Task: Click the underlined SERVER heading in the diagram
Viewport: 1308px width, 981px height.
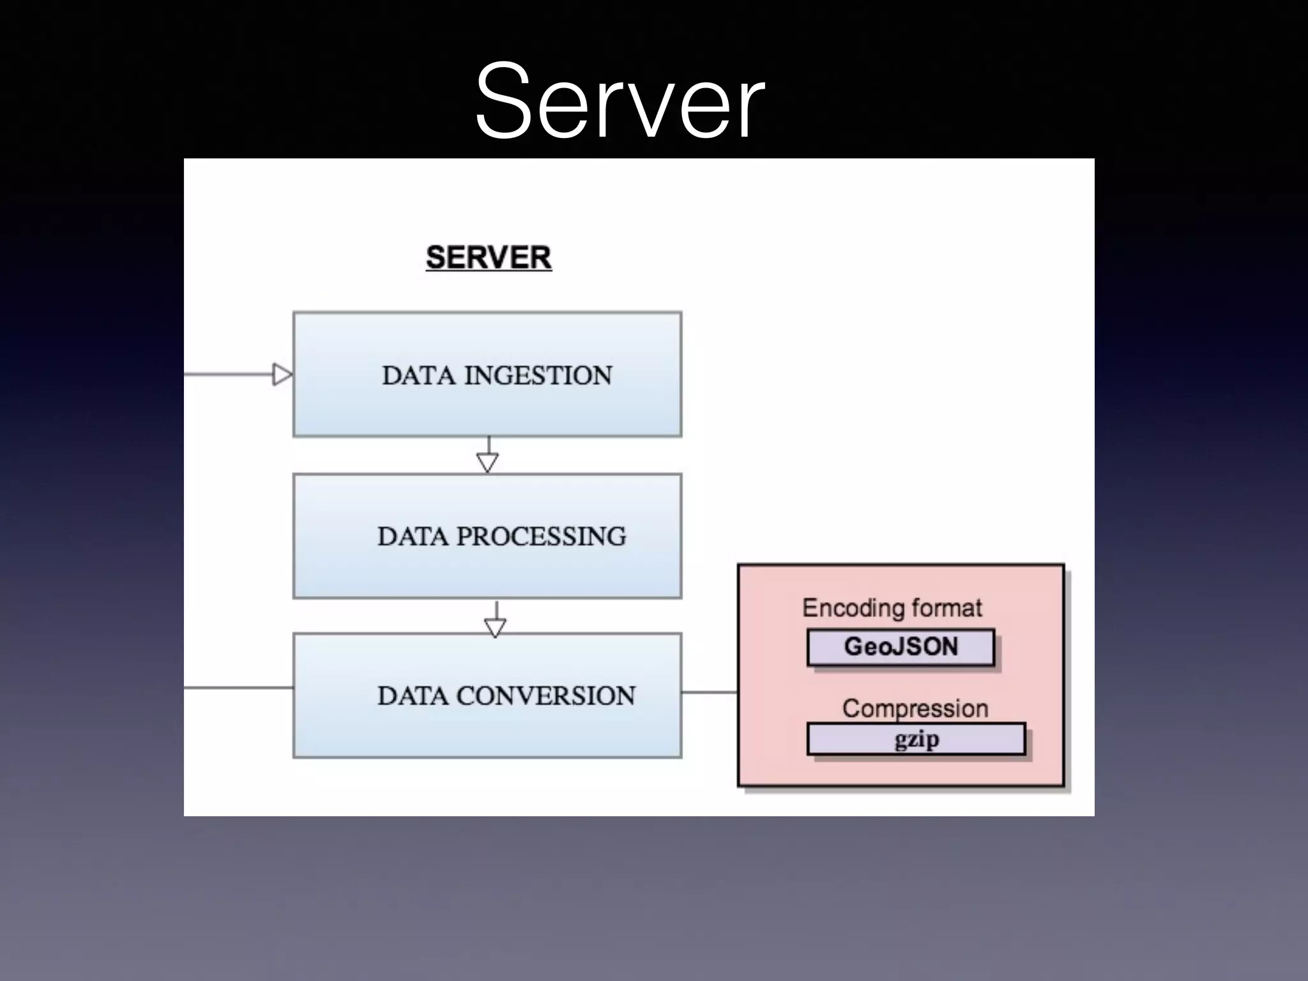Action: tap(489, 258)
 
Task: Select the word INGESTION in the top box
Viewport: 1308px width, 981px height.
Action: tap(538, 376)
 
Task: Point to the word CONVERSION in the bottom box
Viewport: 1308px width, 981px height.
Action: tap(545, 696)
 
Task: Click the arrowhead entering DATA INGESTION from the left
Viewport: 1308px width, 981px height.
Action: tap(282, 374)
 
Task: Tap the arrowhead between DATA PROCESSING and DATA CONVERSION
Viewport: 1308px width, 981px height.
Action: tap(496, 627)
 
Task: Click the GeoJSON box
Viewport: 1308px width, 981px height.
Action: tap(901, 647)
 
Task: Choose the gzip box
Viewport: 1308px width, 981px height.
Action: tap(916, 739)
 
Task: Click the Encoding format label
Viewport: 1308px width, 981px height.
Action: tap(892, 608)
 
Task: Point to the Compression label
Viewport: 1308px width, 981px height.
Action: tap(915, 708)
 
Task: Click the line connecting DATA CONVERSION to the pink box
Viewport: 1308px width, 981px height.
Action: tap(709, 692)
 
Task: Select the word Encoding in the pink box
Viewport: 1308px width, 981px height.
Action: tap(853, 608)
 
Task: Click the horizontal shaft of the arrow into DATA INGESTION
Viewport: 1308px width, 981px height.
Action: tap(227, 374)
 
